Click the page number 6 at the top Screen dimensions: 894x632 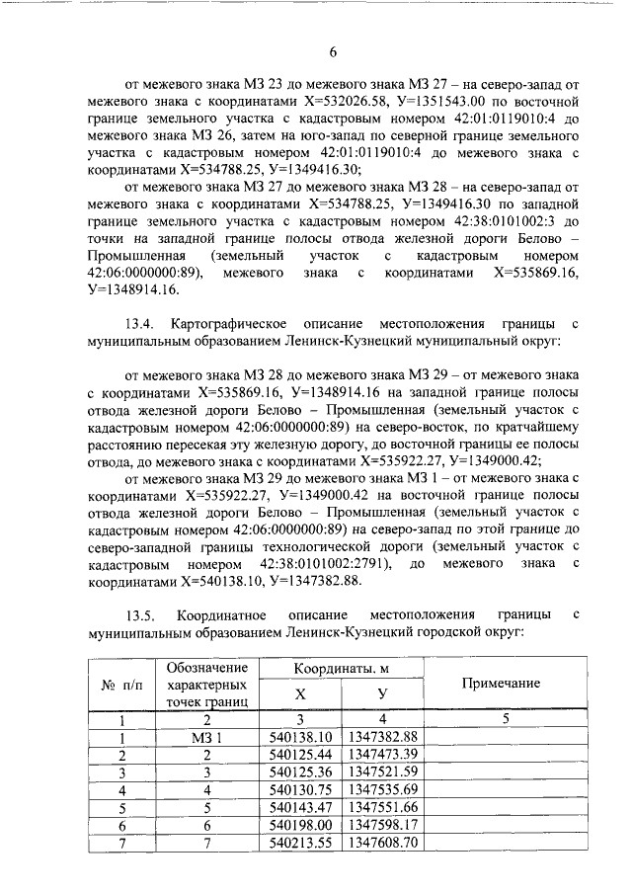(x=333, y=52)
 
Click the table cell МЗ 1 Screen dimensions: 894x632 (x=207, y=737)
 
